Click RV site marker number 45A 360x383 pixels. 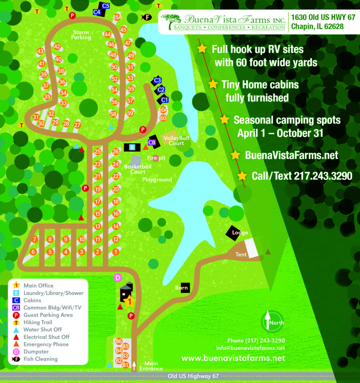pos(117,17)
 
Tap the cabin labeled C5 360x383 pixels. pos(105,6)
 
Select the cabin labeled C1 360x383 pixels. pos(164,99)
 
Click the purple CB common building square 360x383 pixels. pos(152,142)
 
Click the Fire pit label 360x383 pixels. pos(156,158)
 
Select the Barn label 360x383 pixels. pos(182,288)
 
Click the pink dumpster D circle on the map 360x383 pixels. pos(117,278)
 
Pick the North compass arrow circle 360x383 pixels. pos(273,322)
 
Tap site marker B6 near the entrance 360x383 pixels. pos(119,341)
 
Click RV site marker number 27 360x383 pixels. pos(77,125)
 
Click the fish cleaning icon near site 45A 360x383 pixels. pos(146,17)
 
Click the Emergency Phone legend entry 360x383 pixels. pos(46,344)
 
